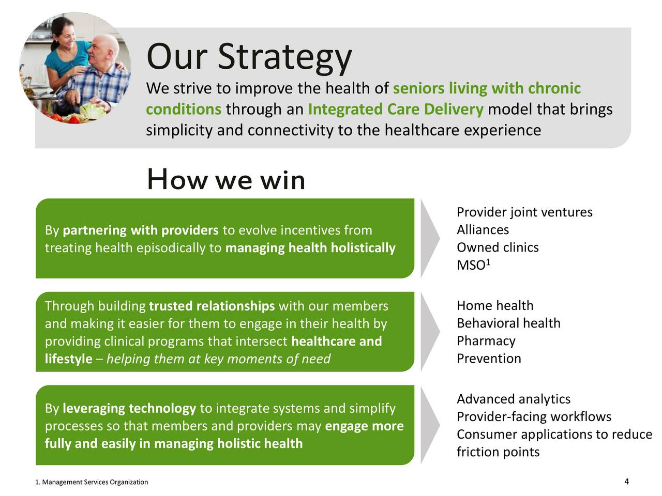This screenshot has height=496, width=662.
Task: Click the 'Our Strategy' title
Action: point(249,57)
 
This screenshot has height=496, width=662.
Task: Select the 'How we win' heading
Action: point(226,179)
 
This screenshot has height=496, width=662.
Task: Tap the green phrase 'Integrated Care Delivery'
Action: point(396,109)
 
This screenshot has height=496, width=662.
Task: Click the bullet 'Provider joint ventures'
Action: point(524,212)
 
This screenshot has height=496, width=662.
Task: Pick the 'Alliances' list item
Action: point(483,230)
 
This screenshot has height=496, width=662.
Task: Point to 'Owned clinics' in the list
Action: point(498,247)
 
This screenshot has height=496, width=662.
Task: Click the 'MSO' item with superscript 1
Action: point(474,265)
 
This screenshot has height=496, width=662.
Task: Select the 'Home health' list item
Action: point(495,305)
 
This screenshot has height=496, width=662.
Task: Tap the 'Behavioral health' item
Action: point(508,323)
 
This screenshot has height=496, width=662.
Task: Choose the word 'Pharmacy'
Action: point(486,341)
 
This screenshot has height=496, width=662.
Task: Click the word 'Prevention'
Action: point(489,359)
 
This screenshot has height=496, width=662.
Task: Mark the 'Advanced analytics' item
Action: point(514,399)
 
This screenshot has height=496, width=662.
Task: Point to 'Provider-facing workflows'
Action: point(534,417)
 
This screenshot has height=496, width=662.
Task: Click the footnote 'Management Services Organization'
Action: point(95,482)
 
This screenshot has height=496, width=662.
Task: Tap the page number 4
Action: point(626,481)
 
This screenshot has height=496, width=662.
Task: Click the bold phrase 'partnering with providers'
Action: point(141,230)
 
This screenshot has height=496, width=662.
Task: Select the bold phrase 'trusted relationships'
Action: point(212,306)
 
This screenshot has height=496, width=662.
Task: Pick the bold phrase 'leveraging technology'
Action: point(129,409)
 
